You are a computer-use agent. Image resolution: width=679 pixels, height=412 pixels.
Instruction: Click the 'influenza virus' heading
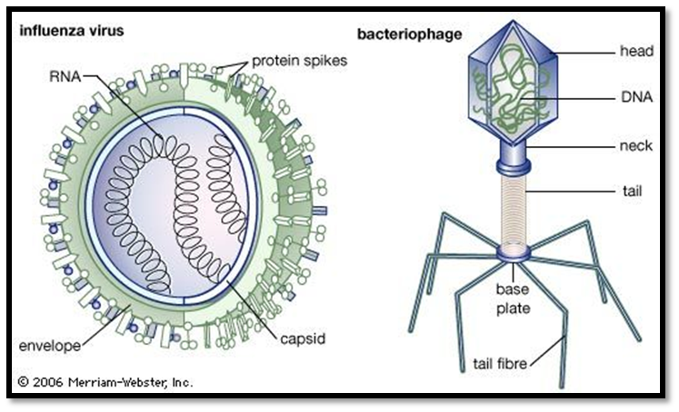pyautogui.click(x=72, y=31)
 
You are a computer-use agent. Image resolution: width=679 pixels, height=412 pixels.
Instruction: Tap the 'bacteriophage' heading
pyautogui.click(x=409, y=34)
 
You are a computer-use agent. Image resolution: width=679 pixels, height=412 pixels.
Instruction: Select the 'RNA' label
pyautogui.click(x=65, y=76)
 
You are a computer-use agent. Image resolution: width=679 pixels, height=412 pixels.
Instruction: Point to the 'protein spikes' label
pyautogui.click(x=300, y=61)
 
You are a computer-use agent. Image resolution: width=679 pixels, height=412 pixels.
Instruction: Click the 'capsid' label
pyautogui.click(x=303, y=338)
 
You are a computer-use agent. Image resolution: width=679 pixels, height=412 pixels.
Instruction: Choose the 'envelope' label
pyautogui.click(x=50, y=346)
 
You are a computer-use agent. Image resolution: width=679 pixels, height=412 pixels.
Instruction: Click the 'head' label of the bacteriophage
pyautogui.click(x=636, y=51)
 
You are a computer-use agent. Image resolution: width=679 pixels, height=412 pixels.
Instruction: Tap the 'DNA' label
pyautogui.click(x=636, y=97)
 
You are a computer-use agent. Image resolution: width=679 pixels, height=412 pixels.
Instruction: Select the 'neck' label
pyautogui.click(x=635, y=146)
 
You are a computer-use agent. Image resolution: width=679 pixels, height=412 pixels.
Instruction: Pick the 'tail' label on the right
pyautogui.click(x=633, y=191)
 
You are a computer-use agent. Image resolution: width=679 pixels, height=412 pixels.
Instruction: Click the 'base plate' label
pyautogui.click(x=514, y=299)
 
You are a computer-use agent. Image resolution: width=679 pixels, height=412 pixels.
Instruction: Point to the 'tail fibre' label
pyautogui.click(x=500, y=364)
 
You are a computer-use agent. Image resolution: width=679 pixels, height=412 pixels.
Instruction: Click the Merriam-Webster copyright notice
pyautogui.click(x=105, y=382)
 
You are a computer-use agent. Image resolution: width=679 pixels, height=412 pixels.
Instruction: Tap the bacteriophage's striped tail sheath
pyautogui.click(x=514, y=210)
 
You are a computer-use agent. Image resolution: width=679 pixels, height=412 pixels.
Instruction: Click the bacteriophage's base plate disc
pyautogui.click(x=514, y=253)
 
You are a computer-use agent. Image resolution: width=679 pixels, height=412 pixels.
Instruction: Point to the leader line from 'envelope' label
pyautogui.click(x=105, y=325)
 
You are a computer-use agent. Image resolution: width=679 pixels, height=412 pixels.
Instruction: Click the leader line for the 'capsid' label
pyautogui.click(x=253, y=310)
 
